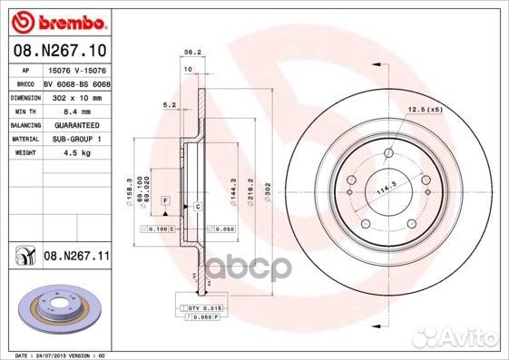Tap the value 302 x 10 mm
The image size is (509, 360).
click(75, 95)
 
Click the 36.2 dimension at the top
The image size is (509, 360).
click(191, 52)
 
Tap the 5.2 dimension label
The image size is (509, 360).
click(168, 105)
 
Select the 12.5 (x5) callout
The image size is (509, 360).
click(426, 109)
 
